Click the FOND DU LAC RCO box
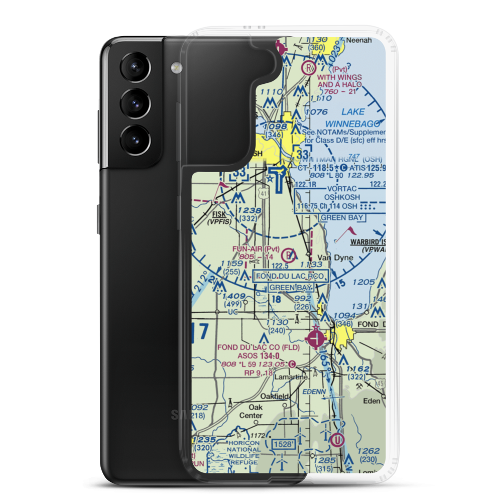[x=291, y=276]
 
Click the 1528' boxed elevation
[x=282, y=445]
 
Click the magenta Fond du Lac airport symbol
[x=316, y=338]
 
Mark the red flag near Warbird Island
[x=349, y=232]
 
